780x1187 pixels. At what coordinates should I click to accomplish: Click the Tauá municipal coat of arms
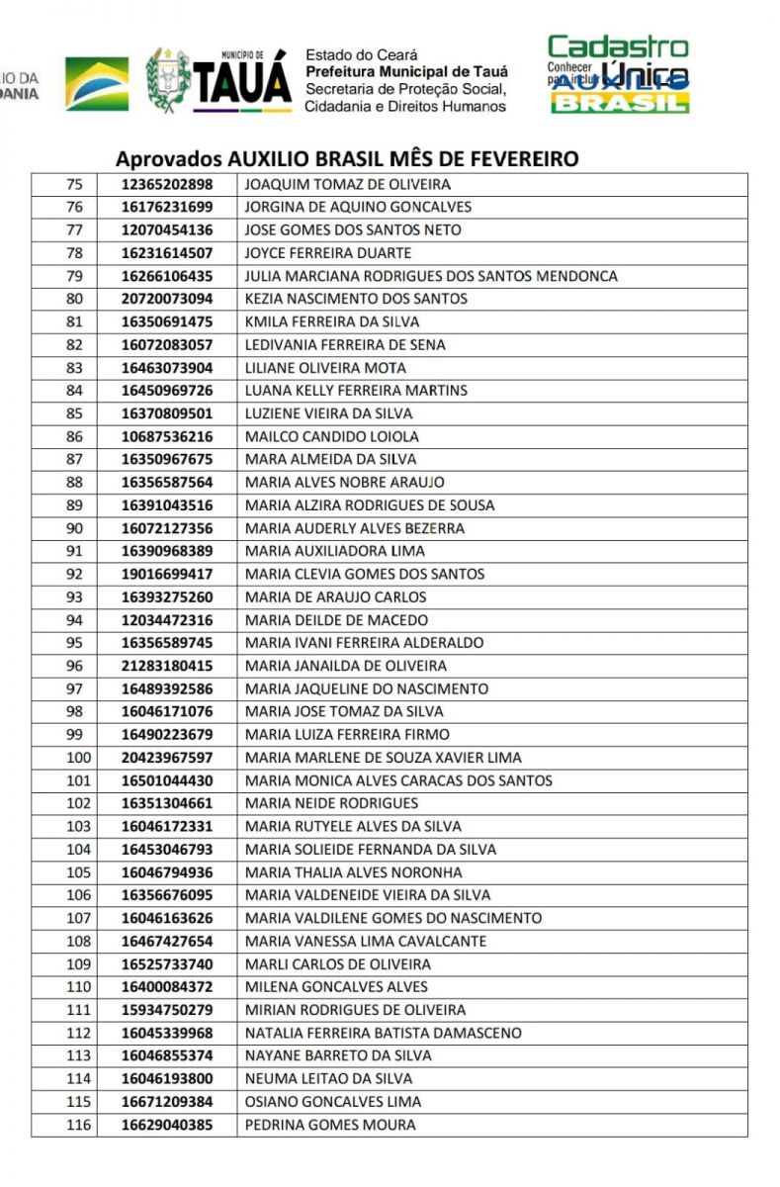168,80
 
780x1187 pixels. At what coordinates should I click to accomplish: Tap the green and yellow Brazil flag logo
97,83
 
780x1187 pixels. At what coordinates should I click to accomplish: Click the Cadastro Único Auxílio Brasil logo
619,75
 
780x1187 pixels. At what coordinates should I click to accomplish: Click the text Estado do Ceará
362,55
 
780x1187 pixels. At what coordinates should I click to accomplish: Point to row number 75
74,185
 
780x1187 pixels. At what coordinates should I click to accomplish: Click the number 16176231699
167,208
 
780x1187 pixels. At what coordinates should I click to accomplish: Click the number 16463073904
167,368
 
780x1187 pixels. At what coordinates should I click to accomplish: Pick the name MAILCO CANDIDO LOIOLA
331,436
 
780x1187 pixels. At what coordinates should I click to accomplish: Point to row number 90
74,528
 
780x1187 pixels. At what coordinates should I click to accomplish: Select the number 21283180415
167,666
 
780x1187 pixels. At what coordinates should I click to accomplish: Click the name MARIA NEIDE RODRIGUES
331,803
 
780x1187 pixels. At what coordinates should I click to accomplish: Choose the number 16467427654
167,941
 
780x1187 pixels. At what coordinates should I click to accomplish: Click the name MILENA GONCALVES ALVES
336,987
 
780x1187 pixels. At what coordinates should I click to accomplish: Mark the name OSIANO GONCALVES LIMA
332,1102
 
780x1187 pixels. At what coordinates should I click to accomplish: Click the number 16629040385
167,1125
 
